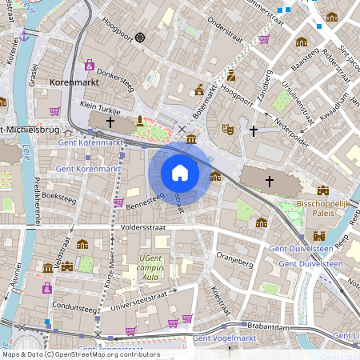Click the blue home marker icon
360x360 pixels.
[x=180, y=173]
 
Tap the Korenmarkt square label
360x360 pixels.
[x=74, y=82]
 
